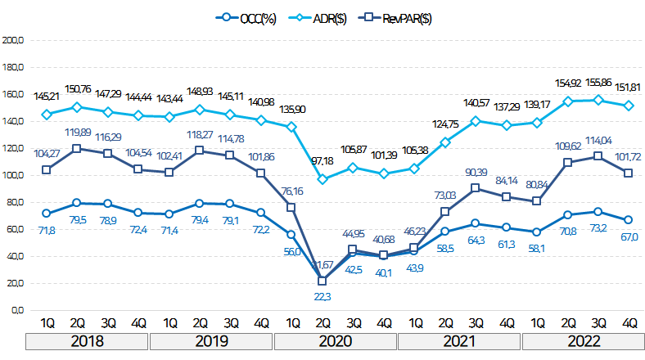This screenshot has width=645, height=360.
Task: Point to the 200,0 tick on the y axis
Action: [x=16, y=39]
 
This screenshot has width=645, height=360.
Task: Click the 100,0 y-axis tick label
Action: [x=16, y=175]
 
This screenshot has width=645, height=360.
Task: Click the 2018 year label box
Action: [x=88, y=340]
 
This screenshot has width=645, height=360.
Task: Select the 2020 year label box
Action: [x=336, y=340]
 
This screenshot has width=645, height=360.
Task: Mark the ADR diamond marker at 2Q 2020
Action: [x=322, y=179]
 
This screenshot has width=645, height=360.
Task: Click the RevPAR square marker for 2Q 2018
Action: [x=77, y=148]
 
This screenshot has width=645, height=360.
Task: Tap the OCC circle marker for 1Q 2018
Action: [x=47, y=214]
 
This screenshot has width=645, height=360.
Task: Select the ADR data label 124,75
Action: [x=444, y=124]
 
